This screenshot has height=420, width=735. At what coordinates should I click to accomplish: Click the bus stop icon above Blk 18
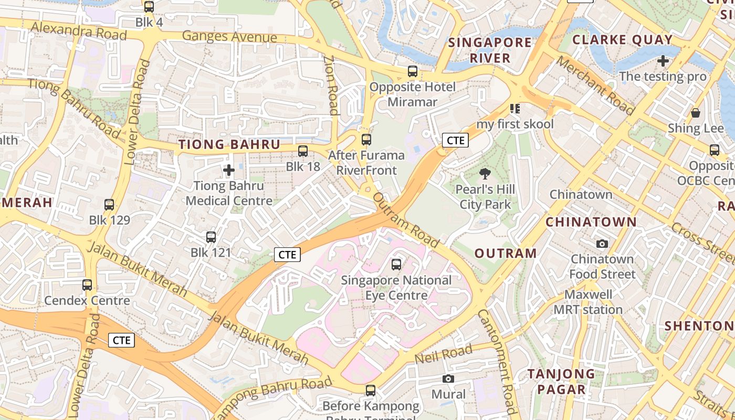click(303, 151)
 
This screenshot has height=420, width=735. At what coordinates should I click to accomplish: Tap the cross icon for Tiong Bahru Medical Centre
click(229, 170)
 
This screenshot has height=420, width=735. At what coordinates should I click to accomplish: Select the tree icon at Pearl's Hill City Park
click(485, 174)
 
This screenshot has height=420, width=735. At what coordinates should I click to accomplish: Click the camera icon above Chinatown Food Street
click(602, 244)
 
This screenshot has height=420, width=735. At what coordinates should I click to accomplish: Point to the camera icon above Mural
click(448, 379)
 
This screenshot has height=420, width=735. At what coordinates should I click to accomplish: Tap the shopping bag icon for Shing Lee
click(696, 113)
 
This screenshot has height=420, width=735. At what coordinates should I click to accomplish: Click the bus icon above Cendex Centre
click(87, 285)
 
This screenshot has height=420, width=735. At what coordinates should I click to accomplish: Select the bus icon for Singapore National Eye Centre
click(396, 265)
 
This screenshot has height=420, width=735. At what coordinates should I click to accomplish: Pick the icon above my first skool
click(515, 109)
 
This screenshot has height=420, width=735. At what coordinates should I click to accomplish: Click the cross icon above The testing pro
click(663, 61)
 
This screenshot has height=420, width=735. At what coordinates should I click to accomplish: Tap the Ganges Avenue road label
click(229, 37)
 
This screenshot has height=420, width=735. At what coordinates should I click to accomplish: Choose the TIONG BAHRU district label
click(229, 144)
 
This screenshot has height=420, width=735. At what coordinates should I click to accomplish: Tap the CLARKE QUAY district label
click(622, 40)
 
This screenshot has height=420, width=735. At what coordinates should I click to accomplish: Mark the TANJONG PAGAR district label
click(561, 382)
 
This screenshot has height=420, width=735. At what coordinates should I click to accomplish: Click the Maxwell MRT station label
click(588, 302)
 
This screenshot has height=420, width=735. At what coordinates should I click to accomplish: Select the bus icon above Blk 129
click(109, 205)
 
